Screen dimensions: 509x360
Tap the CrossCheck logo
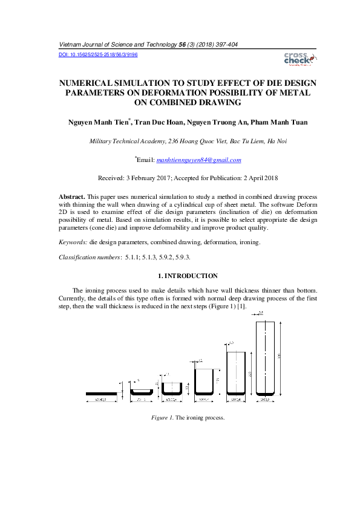[x=297, y=58]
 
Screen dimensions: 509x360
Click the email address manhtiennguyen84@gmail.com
[x=198, y=160]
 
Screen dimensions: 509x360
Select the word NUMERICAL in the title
[x=89, y=83]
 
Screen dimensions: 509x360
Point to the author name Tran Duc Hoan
[x=158, y=122]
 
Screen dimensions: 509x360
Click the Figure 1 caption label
[x=162, y=418]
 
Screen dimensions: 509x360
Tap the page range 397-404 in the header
[x=228, y=45]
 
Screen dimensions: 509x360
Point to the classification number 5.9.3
[x=182, y=258]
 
